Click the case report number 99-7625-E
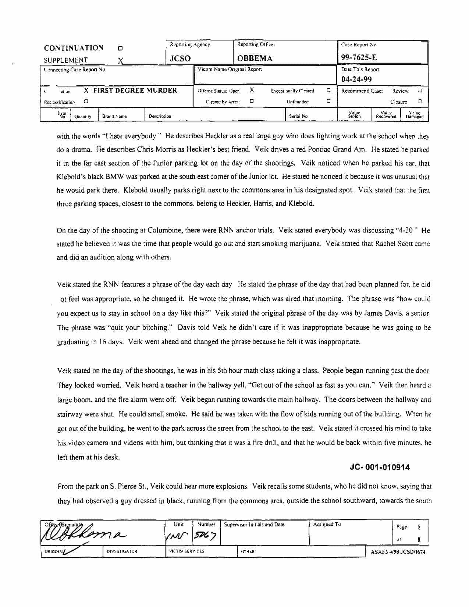tap(359, 57)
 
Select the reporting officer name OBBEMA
tap(255, 58)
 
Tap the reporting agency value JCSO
tap(180, 58)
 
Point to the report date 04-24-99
tap(356, 79)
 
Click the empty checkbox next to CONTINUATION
tap(120, 48)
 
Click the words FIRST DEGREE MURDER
tap(135, 90)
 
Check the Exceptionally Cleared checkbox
tap(328, 90)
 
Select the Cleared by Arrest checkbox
tap(252, 101)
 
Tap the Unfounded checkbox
tap(328, 101)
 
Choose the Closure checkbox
tap(420, 101)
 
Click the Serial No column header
tap(298, 116)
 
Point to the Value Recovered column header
tap(386, 115)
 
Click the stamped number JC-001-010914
tap(380, 468)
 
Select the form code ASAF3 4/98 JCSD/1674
tap(398, 552)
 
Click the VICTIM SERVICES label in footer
tap(186, 551)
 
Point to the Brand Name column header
tap(114, 116)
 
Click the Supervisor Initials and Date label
tap(254, 525)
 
